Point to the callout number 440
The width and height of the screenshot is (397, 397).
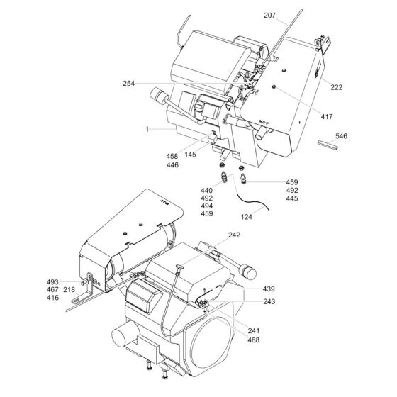[207, 191]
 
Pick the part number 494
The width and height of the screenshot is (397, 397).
[207, 206]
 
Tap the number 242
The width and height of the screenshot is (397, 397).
[234, 235]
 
